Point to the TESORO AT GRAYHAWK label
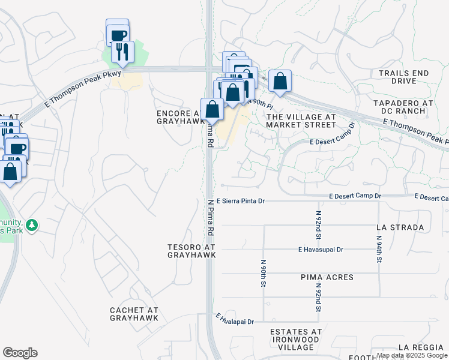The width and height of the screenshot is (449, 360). (x=191, y=251)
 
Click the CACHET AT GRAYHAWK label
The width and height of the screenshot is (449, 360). (x=134, y=314)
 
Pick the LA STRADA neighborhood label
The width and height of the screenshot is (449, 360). (x=400, y=227)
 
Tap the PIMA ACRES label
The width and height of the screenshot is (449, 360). (x=327, y=277)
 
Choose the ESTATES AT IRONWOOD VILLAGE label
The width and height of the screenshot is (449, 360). (x=296, y=339)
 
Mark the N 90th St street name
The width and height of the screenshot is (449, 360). (x=264, y=273)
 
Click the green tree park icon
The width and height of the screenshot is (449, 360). (x=32, y=225)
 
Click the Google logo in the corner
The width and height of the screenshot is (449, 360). (x=20, y=353)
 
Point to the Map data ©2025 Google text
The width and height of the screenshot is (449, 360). (x=412, y=355)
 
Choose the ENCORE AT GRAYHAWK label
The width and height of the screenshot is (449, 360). (x=179, y=116)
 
